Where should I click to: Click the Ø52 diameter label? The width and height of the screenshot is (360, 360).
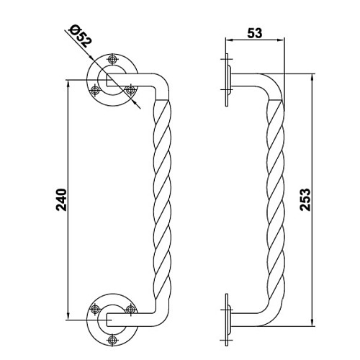pyautogui.click(x=81, y=35)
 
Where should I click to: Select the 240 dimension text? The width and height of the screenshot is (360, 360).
pyautogui.click(x=61, y=200)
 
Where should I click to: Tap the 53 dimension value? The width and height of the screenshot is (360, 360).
pyautogui.click(x=255, y=33)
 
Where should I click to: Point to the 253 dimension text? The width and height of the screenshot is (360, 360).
pyautogui.click(x=305, y=199)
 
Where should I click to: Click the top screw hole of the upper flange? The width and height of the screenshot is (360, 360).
pyautogui.click(x=112, y=59)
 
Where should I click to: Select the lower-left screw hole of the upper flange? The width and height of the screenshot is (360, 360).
pyautogui.click(x=96, y=91)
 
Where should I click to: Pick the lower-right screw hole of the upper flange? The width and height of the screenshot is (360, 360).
pyautogui.click(x=130, y=91)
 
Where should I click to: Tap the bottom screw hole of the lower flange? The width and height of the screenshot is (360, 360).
pyautogui.click(x=112, y=340)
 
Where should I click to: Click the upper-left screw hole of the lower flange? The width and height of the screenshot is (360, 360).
pyautogui.click(x=95, y=309)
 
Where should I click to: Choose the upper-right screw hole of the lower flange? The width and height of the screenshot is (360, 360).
pyautogui.click(x=130, y=309)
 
